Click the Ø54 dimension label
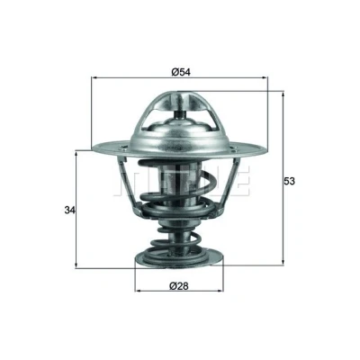pyautogui.click(x=181, y=72)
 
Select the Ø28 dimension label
pyautogui.click(x=179, y=286)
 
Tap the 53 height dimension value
pyautogui.click(x=290, y=181)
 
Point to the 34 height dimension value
pyautogui.click(x=69, y=211)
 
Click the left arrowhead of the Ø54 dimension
pyautogui.click(x=94, y=77)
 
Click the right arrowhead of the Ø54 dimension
pyautogui.click(x=265, y=77)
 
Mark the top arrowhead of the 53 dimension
pyautogui.click(x=283, y=95)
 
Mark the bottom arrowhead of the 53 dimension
pyautogui.click(x=283, y=262)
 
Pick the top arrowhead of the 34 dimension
pyautogui.click(x=76, y=154)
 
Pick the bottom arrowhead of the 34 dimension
pyautogui.click(x=76, y=265)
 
